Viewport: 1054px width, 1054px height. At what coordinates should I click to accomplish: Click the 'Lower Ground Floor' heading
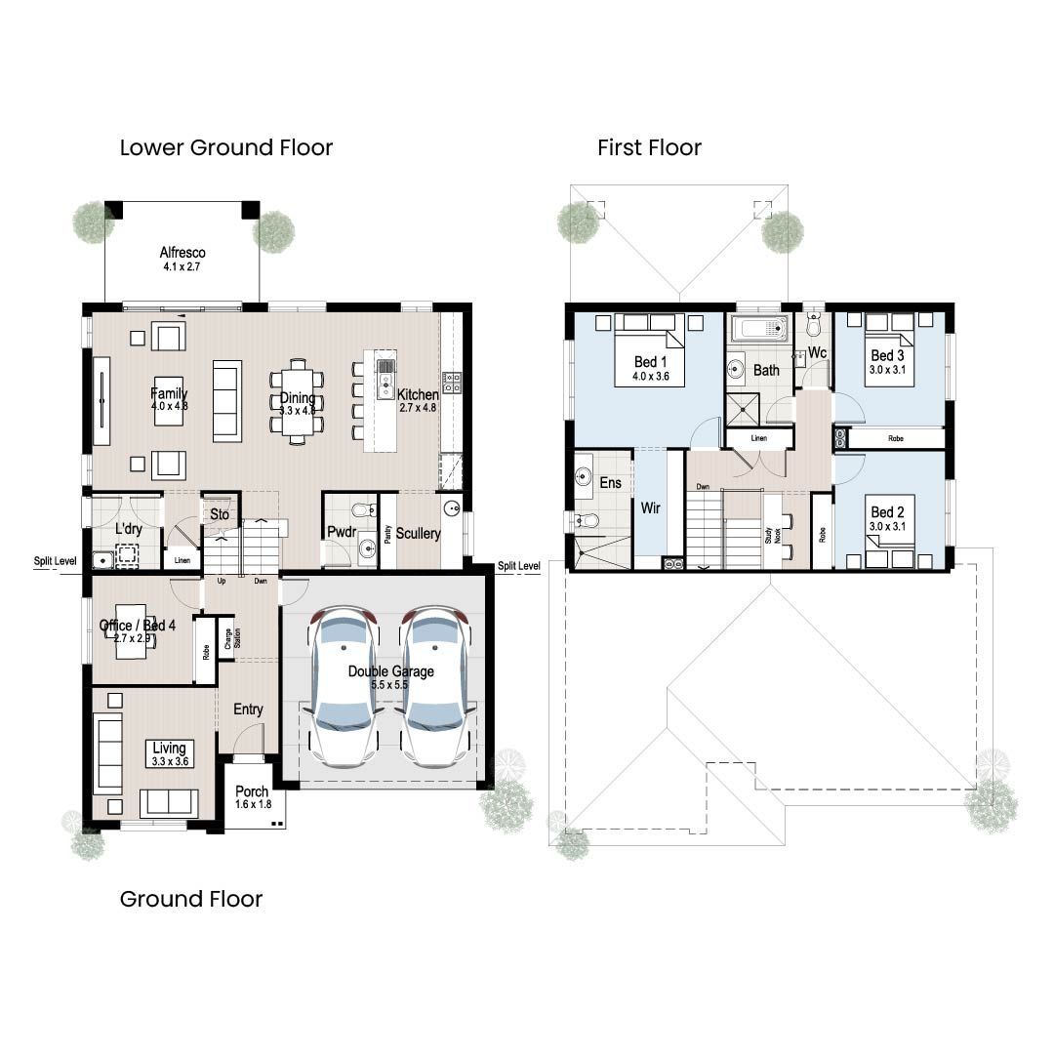(x=225, y=148)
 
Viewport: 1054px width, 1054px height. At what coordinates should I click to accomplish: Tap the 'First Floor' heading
(x=649, y=148)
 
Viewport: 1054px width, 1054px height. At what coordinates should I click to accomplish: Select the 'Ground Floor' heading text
(x=190, y=899)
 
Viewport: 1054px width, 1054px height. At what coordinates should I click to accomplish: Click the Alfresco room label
(x=182, y=253)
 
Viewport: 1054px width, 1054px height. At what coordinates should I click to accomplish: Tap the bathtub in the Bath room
(x=759, y=329)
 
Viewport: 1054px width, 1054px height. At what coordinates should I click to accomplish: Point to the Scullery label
(x=418, y=534)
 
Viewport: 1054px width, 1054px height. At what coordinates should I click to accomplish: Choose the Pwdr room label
(x=341, y=533)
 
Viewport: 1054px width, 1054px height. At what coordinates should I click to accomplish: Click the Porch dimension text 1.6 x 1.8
(x=253, y=804)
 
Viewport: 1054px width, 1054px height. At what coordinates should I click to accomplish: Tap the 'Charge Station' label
(x=227, y=638)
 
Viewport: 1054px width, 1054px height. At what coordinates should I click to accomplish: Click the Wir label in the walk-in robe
(x=650, y=507)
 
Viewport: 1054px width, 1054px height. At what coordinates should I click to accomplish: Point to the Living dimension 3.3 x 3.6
(x=169, y=761)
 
